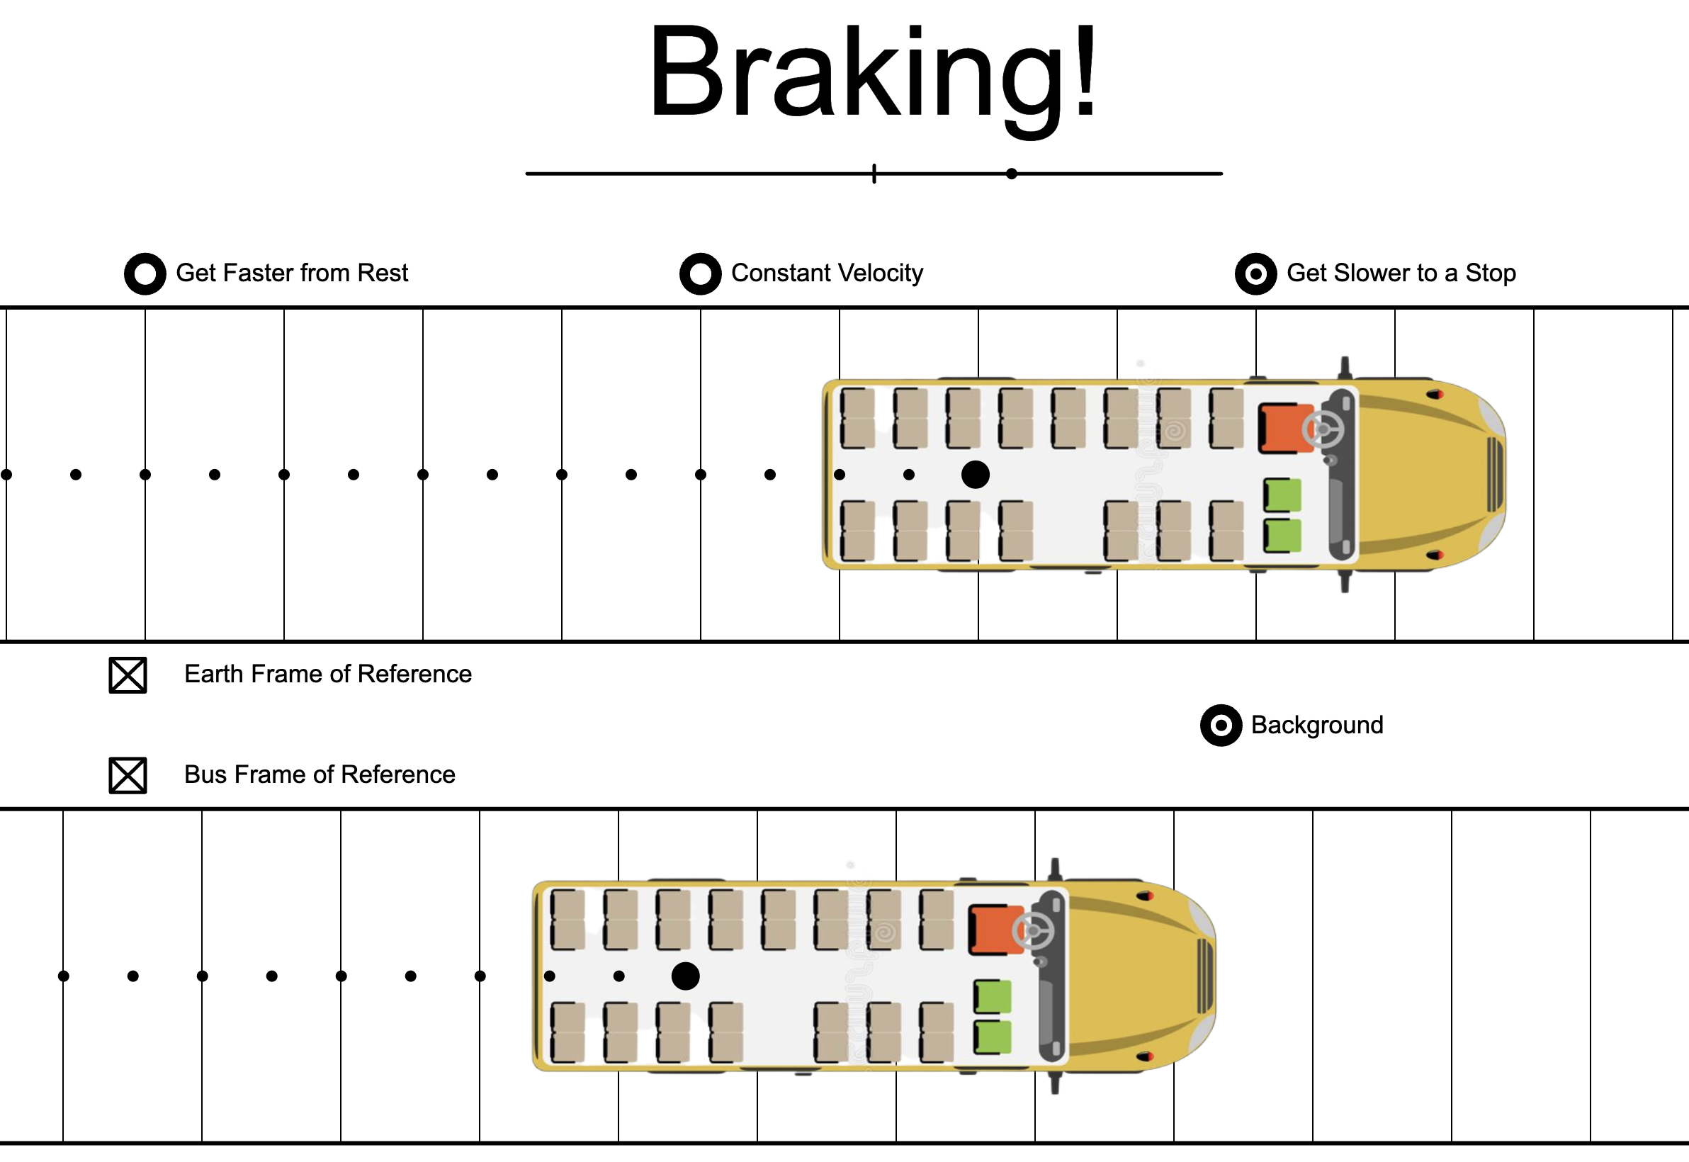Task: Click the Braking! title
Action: [x=873, y=73]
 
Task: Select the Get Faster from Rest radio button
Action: [x=145, y=273]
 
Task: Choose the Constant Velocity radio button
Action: [x=701, y=273]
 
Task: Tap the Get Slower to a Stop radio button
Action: [x=1256, y=273]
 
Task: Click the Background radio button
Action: [x=1221, y=725]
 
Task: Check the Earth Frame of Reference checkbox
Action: [x=128, y=675]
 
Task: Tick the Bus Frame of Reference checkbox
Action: [x=128, y=775]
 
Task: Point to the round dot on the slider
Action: [x=1012, y=174]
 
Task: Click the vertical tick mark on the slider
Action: [x=874, y=174]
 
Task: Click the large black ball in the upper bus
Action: [x=976, y=475]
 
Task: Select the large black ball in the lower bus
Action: [x=685, y=976]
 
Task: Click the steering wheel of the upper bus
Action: [x=1323, y=429]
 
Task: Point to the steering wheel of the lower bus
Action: [x=1033, y=930]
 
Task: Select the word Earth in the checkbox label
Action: [x=213, y=675]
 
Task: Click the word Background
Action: [x=1317, y=725]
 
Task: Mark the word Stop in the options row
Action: [x=1490, y=273]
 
